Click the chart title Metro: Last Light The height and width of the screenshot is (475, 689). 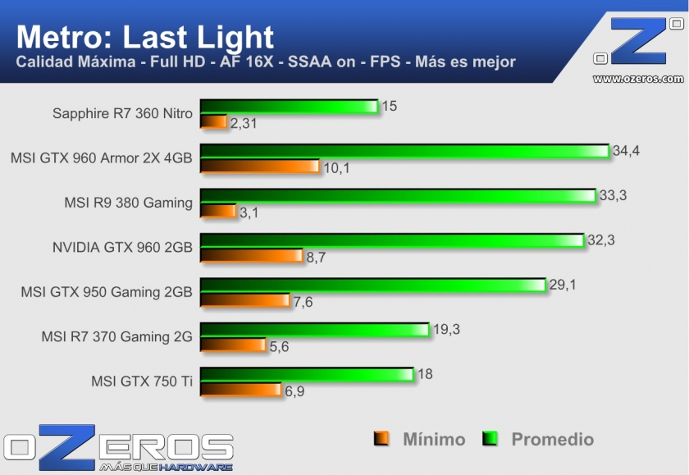coord(145,37)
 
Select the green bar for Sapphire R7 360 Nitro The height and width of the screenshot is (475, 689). coord(289,107)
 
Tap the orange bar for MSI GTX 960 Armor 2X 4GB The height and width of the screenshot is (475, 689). coord(259,167)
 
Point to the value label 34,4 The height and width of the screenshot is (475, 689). coord(626,150)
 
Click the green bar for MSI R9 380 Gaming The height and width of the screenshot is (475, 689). coord(398,195)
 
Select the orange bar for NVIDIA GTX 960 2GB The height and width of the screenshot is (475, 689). coord(251,256)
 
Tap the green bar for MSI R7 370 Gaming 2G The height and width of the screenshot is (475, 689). coord(314,329)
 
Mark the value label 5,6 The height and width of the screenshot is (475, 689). coord(280,346)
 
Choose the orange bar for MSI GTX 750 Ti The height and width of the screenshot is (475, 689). coord(240,390)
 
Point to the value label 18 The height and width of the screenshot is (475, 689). coord(425,374)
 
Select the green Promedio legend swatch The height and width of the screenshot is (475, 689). coord(491,439)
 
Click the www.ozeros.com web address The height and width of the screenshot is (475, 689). coord(637,79)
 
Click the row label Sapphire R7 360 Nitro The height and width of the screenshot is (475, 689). coord(122,114)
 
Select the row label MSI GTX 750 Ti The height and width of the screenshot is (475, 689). coord(142,381)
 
